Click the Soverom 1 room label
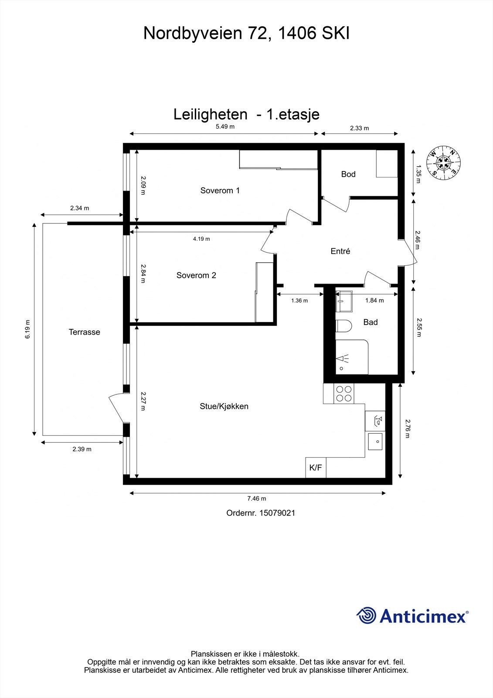click(x=220, y=191)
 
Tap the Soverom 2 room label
click(x=196, y=275)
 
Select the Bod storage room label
click(x=348, y=174)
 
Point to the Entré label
click(x=340, y=251)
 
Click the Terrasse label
click(x=85, y=332)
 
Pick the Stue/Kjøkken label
click(x=224, y=406)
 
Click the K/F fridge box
click(x=316, y=468)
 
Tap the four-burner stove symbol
click(x=343, y=393)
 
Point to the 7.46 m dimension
click(x=257, y=499)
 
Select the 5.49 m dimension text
click(x=225, y=127)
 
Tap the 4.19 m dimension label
click(x=201, y=239)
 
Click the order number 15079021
click(x=277, y=513)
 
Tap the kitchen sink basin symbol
click(x=375, y=441)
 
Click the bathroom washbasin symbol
click(x=344, y=301)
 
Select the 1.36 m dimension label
click(x=299, y=301)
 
